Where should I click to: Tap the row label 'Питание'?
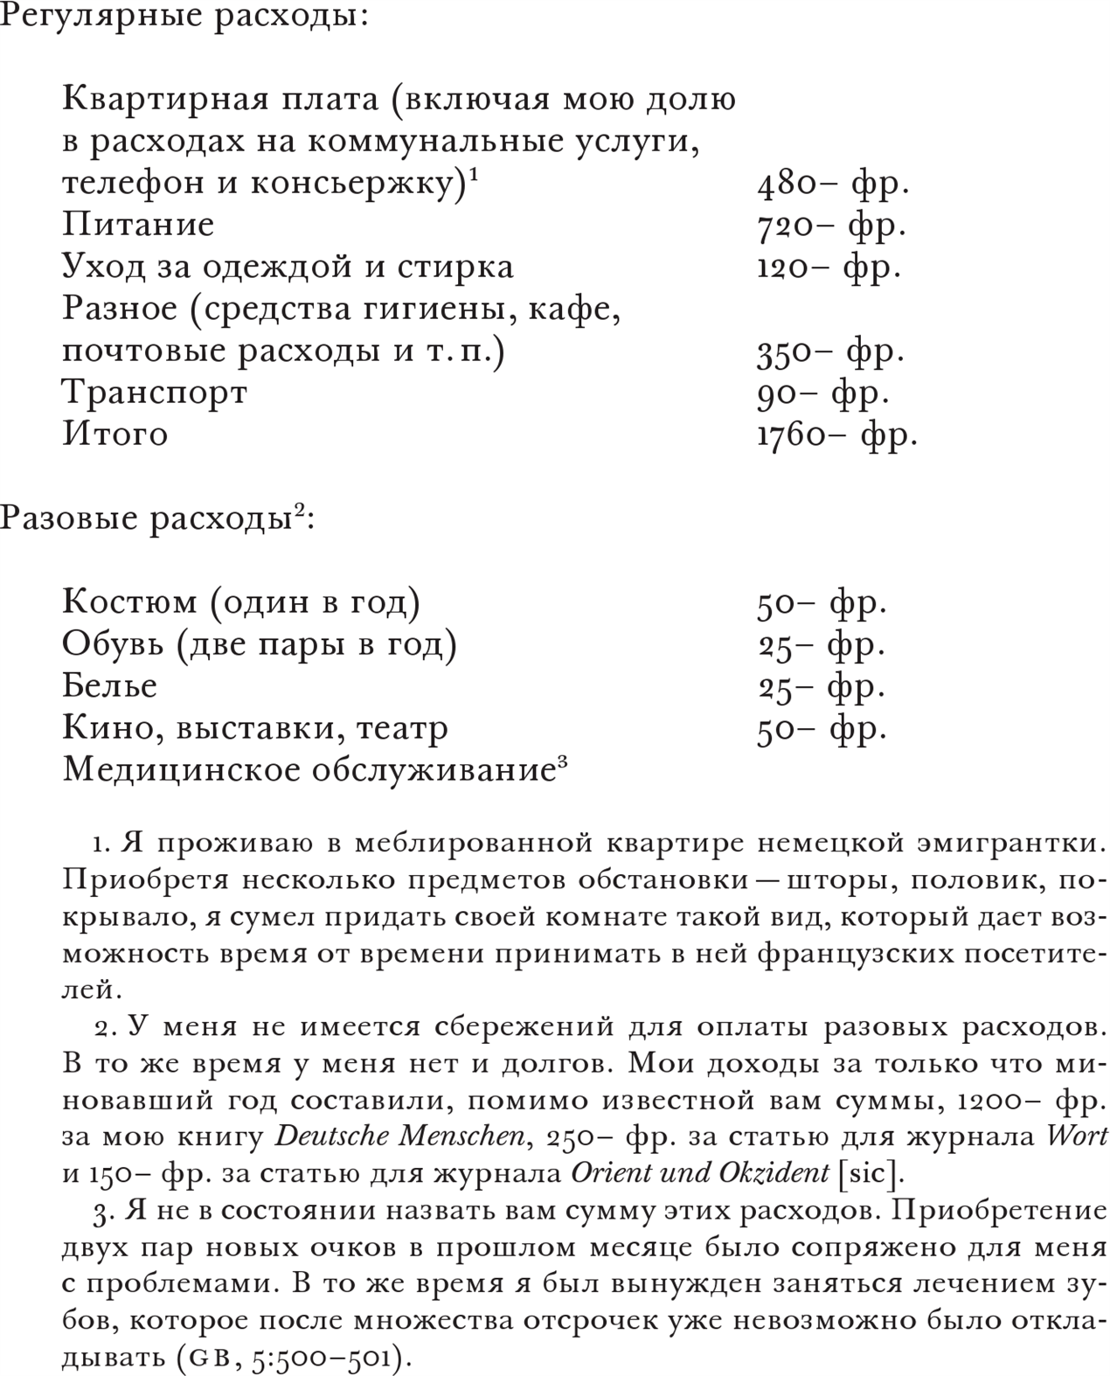(138, 225)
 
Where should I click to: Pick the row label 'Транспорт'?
(155, 393)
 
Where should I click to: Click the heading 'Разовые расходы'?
(144, 518)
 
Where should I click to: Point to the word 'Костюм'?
(129, 602)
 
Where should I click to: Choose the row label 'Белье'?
(109, 685)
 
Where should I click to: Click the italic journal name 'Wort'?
(1077, 1136)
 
